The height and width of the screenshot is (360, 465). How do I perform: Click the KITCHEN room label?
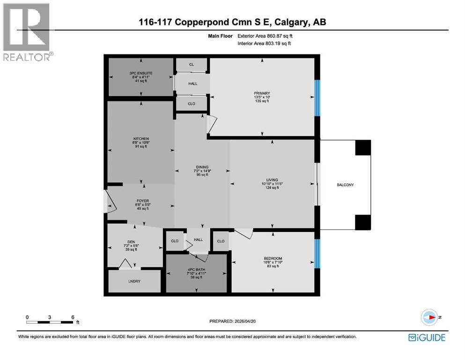141,139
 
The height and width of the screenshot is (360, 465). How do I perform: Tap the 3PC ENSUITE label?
141,73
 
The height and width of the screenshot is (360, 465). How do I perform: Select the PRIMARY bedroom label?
262,93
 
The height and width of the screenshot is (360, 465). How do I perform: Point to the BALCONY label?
345,185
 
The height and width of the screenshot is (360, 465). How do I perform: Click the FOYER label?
142,201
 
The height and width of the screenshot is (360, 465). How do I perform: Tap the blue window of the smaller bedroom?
317,253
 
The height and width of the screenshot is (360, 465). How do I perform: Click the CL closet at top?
192,65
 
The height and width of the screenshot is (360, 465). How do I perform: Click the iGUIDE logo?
427,337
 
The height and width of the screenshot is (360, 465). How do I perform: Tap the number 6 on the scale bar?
73,317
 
